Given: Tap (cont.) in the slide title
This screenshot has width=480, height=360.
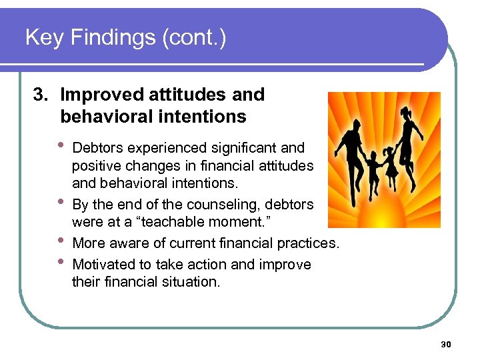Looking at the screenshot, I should (194, 38).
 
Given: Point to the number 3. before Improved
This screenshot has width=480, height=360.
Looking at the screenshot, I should (42, 95).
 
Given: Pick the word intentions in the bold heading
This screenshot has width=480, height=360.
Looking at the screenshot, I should (206, 117).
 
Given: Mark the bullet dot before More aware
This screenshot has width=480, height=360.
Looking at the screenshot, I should (63, 241).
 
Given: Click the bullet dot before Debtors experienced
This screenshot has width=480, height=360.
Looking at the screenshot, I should (63, 145).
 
